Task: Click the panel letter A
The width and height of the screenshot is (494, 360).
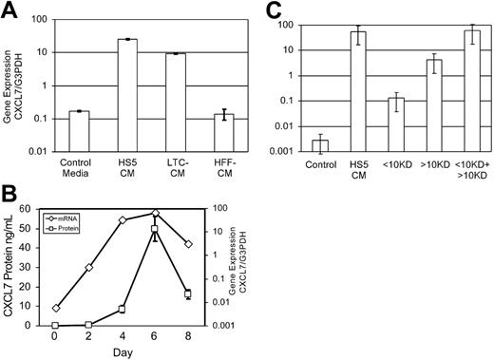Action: click(11, 12)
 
